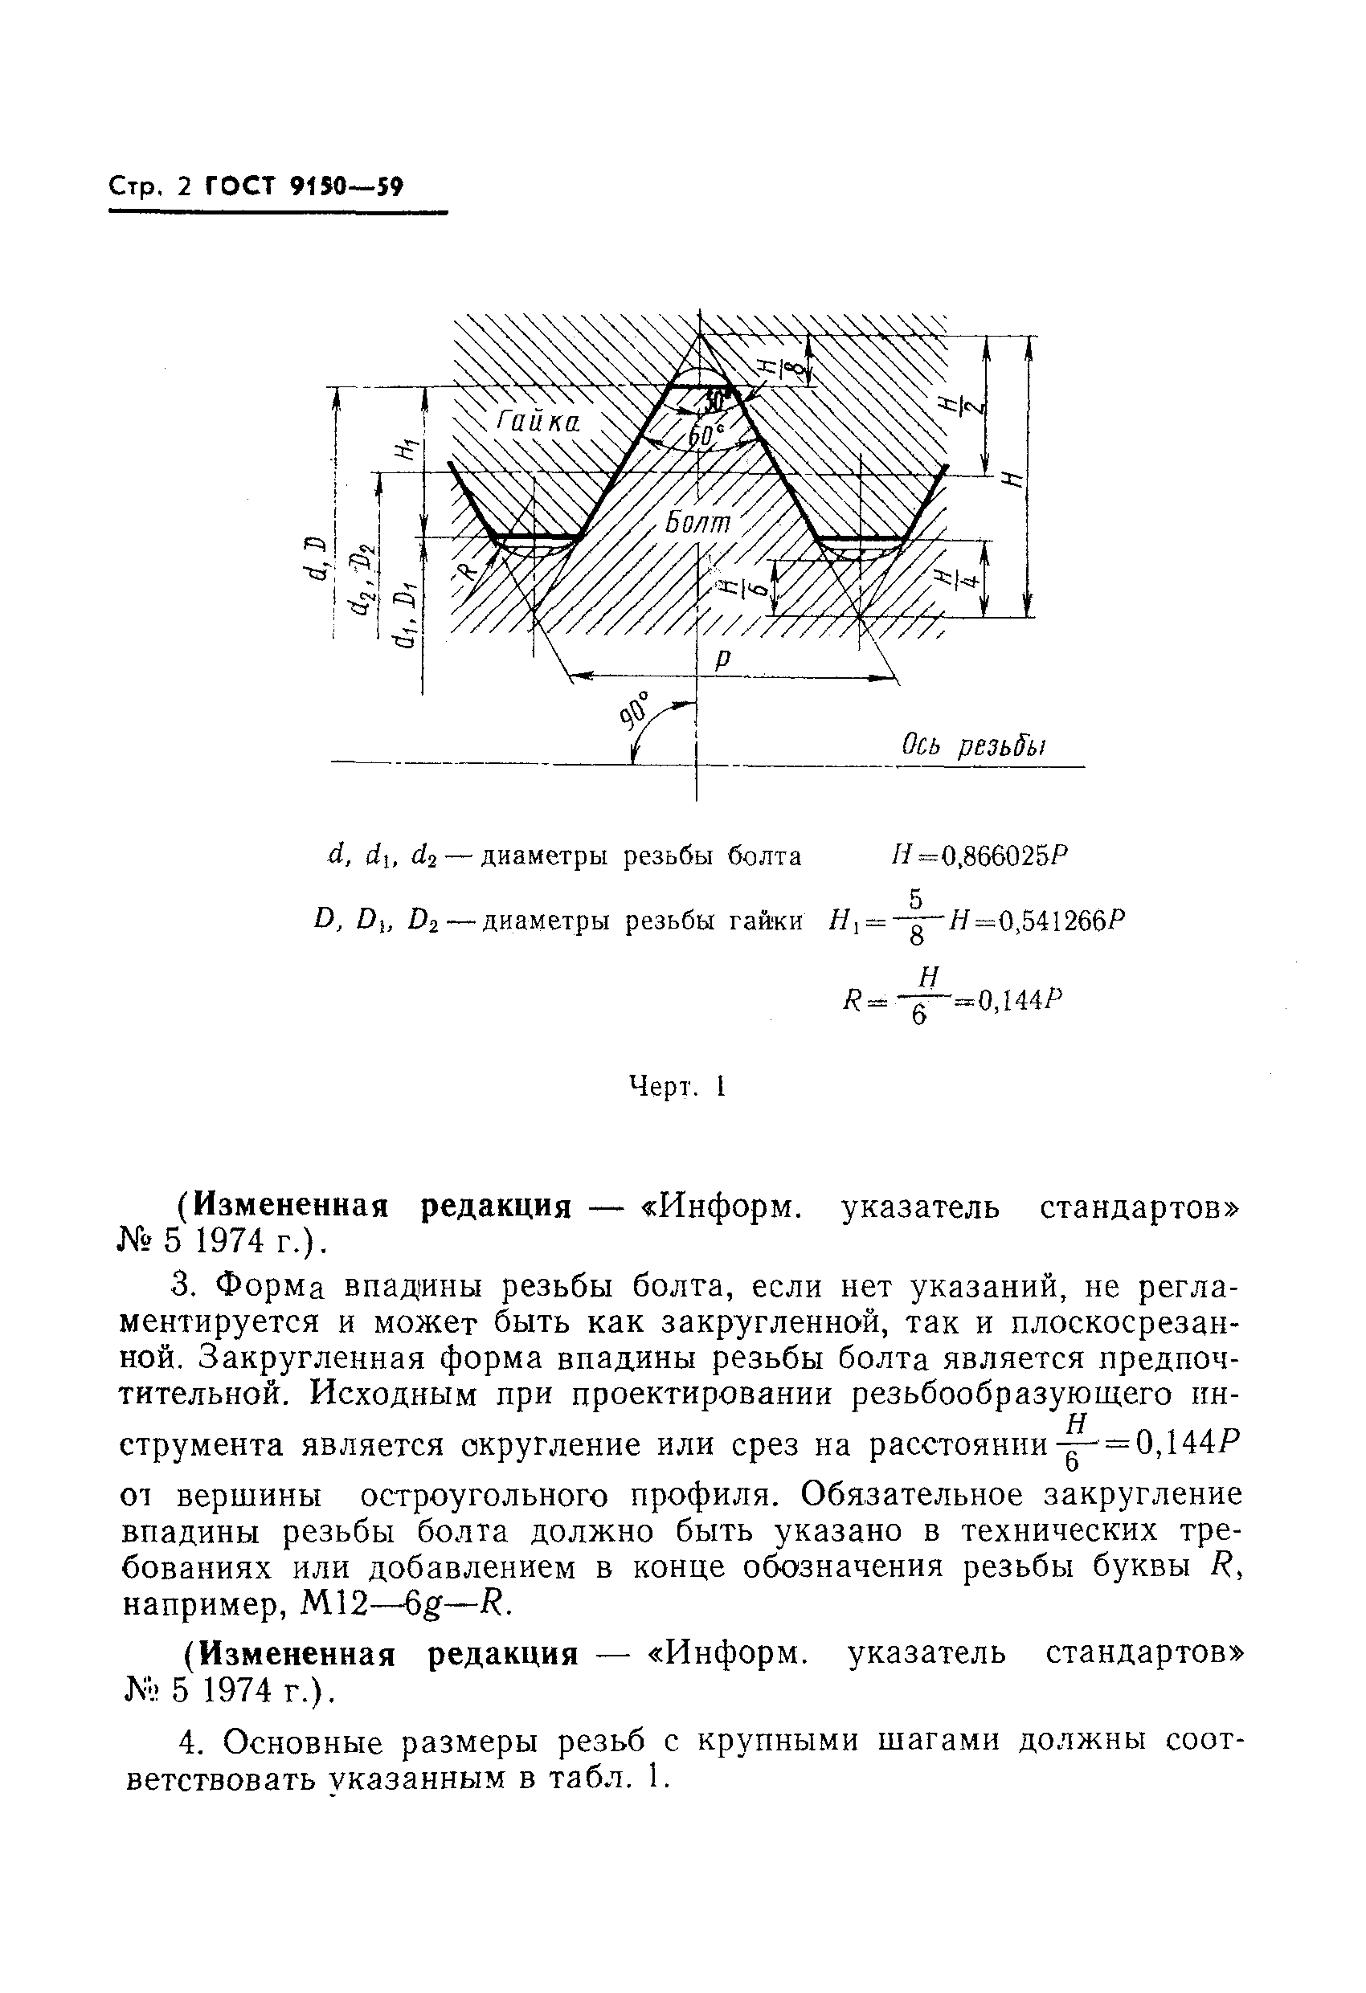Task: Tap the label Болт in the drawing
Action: click(698, 522)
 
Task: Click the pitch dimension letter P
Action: click(723, 659)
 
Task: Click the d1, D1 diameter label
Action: click(407, 614)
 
